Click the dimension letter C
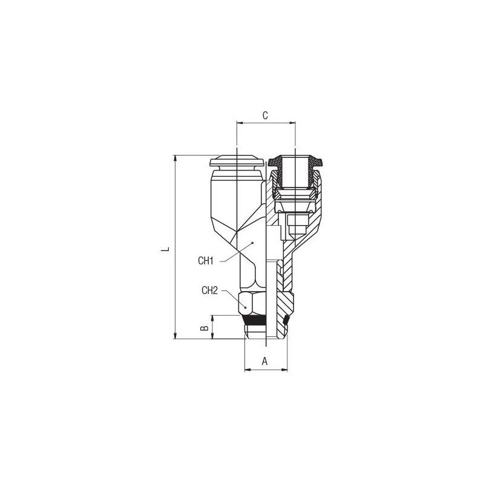[265, 116]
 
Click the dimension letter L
[165, 249]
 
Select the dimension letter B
[204, 328]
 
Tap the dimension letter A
[264, 361]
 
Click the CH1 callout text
[206, 261]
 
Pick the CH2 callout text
[209, 290]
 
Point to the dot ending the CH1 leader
[252, 243]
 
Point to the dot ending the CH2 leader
[246, 307]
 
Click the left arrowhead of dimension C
[239, 123]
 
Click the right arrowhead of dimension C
[293, 123]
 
